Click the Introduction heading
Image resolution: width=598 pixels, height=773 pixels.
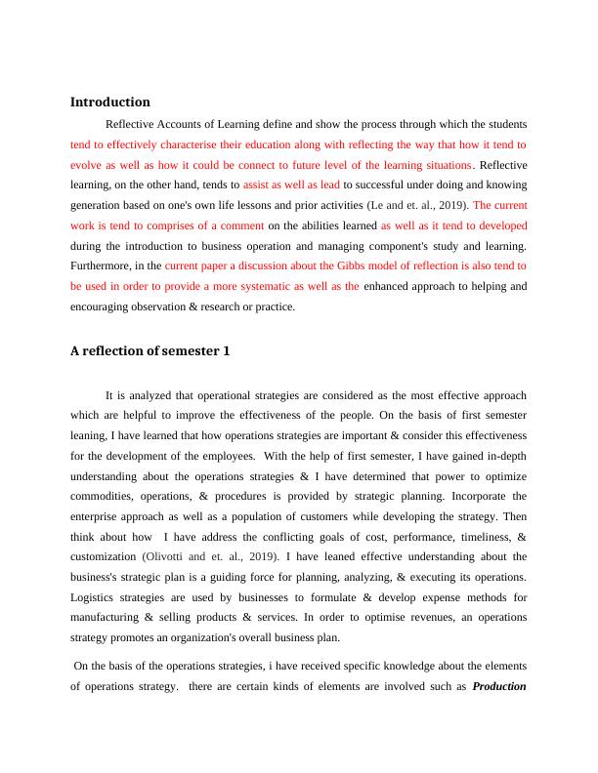tap(110, 102)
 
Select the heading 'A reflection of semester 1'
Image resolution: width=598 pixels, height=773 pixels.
tap(150, 352)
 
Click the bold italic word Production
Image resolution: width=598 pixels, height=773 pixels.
tap(499, 685)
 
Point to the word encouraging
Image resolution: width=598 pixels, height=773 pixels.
tap(108, 305)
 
